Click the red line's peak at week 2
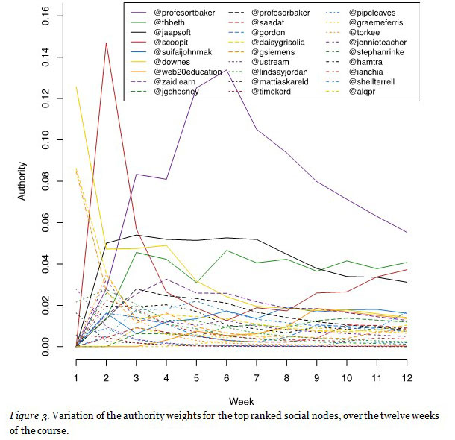(107, 43)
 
